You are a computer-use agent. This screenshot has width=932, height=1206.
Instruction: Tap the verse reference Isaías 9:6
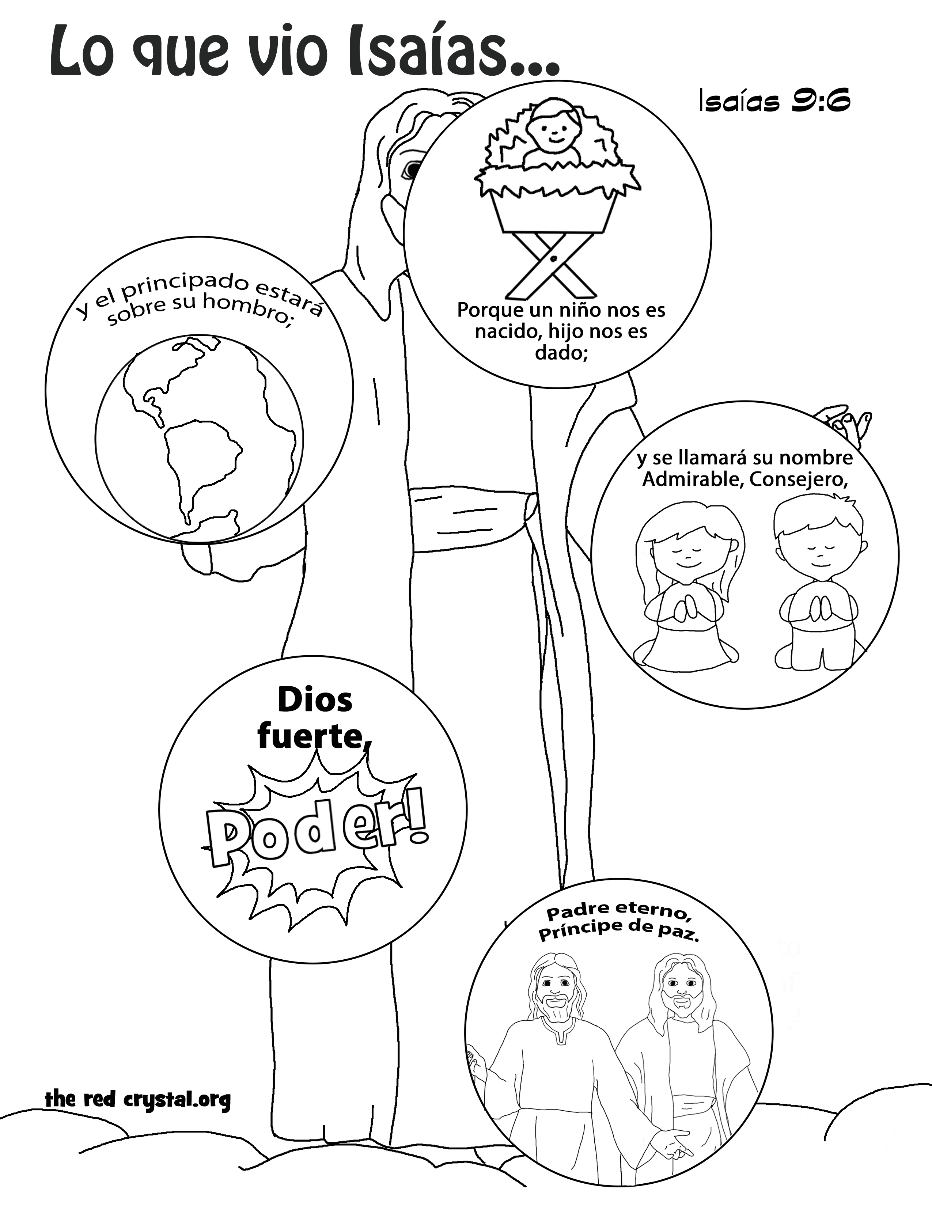click(x=774, y=102)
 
